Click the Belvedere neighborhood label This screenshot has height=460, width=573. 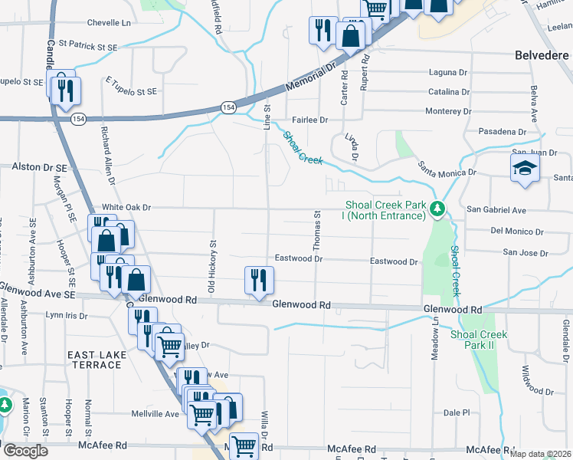[x=541, y=55]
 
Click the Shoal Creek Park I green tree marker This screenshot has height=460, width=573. [x=437, y=209]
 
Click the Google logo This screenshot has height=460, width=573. [x=25, y=451]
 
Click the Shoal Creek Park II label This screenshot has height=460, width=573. [x=479, y=340]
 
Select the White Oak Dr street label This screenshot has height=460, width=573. [x=127, y=207]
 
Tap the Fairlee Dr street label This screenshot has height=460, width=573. [x=310, y=120]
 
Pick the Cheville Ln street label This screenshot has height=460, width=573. [x=109, y=23]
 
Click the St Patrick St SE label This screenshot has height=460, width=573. [x=87, y=47]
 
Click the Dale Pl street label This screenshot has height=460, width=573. [x=456, y=412]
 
